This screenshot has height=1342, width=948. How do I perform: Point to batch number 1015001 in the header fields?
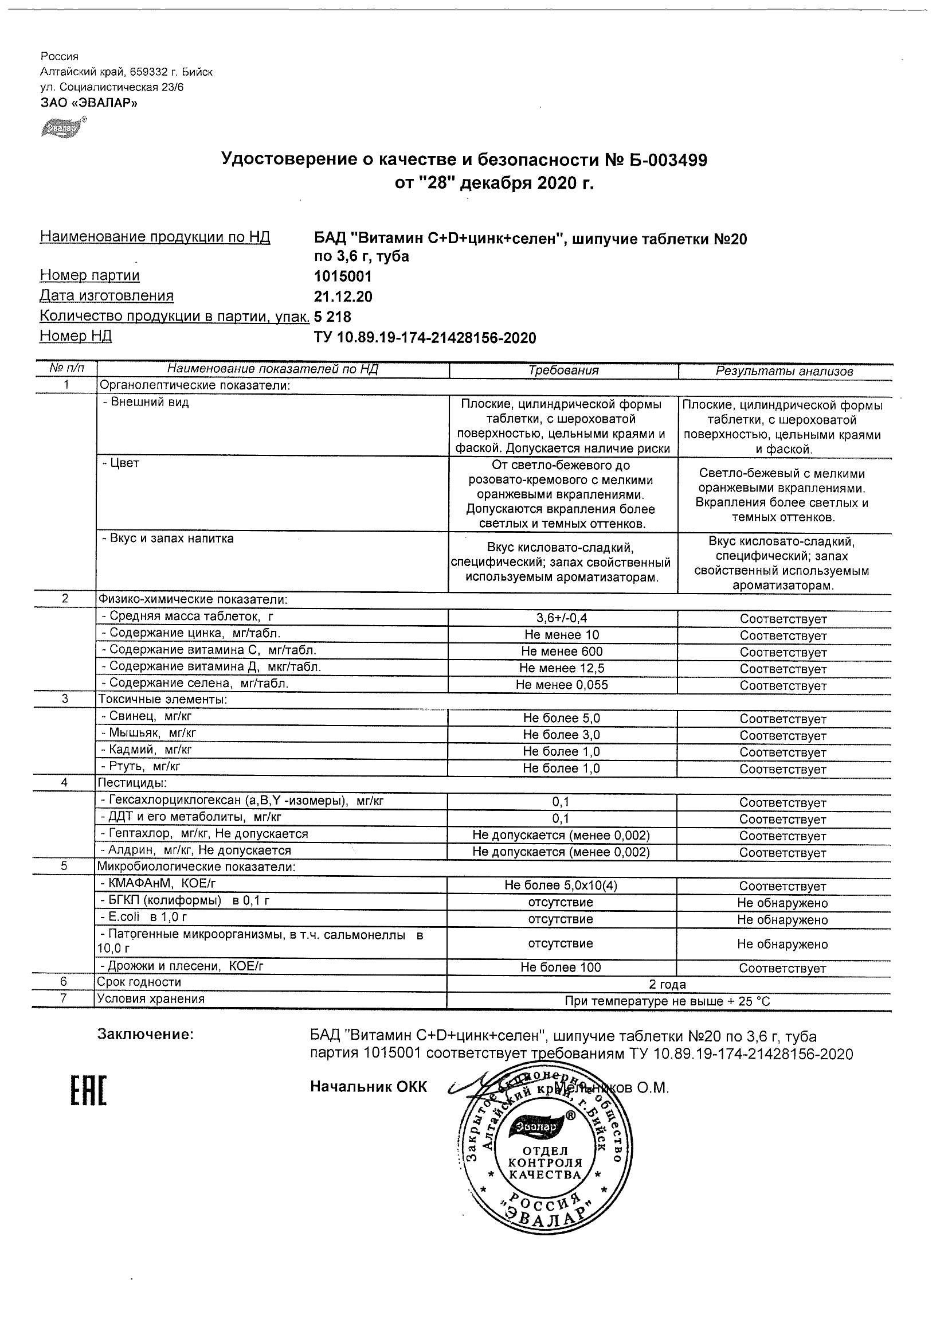(x=343, y=276)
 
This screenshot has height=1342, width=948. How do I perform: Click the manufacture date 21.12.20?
(x=343, y=297)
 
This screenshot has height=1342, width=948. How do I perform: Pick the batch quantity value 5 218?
(x=333, y=317)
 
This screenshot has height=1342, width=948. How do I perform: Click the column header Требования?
(x=563, y=370)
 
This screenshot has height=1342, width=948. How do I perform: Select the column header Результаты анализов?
(x=785, y=370)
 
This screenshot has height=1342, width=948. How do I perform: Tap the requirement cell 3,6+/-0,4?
(x=562, y=618)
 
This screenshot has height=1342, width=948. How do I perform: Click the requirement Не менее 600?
(x=562, y=651)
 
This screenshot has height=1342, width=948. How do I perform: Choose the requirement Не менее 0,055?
(x=562, y=684)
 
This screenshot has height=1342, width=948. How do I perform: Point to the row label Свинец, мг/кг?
(x=150, y=716)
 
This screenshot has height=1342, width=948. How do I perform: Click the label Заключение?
(x=145, y=1035)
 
